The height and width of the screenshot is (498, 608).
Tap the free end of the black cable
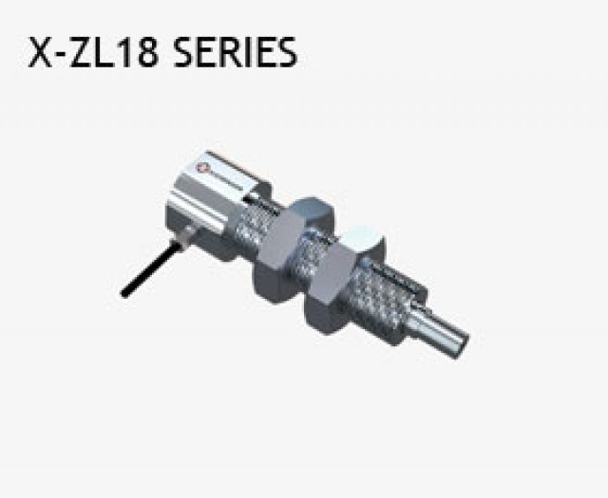(x=123, y=294)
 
